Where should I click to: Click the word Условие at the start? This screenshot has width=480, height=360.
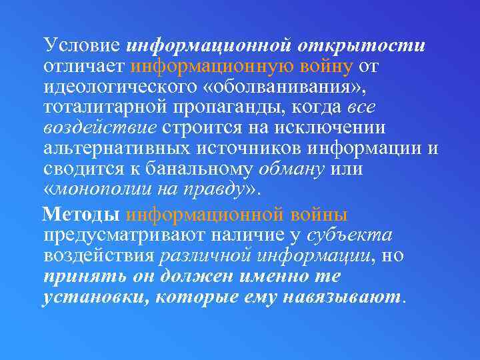coord(81,45)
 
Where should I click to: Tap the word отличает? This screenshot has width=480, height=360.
coord(85,66)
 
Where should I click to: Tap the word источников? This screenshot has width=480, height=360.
coord(229,148)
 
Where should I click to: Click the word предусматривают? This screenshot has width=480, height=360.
coord(125,235)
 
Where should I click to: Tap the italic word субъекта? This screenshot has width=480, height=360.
coord(350,235)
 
